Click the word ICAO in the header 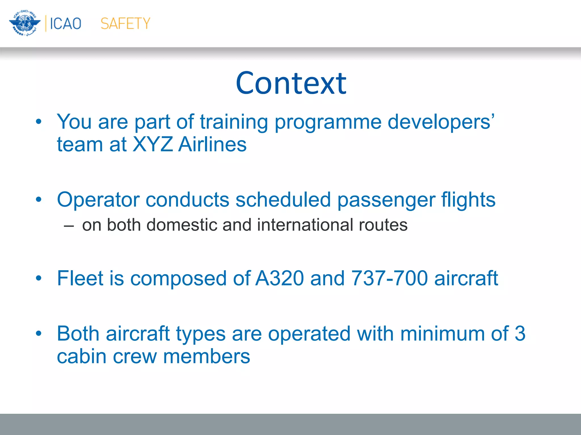66,24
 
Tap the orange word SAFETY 125,24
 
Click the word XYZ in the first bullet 153,144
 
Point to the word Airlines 212,144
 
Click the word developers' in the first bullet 441,122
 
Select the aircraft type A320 279,278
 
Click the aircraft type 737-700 389,278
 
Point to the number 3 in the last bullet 520,334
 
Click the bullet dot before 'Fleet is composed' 39,278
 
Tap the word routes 383,225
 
